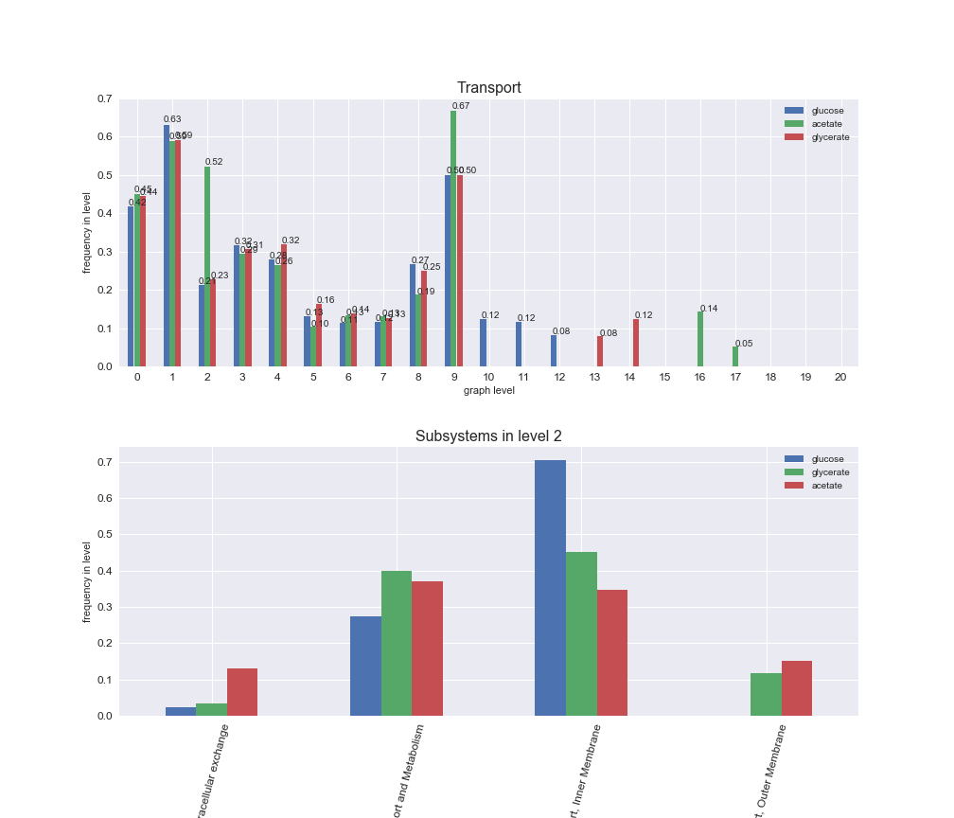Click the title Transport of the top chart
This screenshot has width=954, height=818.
488,88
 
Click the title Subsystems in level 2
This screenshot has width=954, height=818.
488,436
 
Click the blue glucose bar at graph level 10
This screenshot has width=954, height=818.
483,343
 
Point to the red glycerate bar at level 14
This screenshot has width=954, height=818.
636,343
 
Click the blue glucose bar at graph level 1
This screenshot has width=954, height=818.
167,246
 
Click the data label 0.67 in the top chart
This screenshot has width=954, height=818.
461,106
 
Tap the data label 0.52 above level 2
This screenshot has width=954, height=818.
214,162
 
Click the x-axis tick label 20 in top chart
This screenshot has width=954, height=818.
840,377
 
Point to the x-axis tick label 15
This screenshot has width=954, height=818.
664,377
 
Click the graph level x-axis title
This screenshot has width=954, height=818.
488,390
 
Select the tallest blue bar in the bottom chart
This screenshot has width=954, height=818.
550,588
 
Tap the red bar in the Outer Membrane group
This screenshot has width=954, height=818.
797,688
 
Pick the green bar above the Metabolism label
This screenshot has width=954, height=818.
397,644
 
